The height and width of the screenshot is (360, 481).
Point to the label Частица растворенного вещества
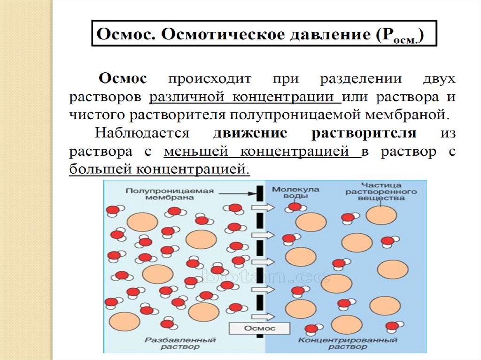click(381, 191)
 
